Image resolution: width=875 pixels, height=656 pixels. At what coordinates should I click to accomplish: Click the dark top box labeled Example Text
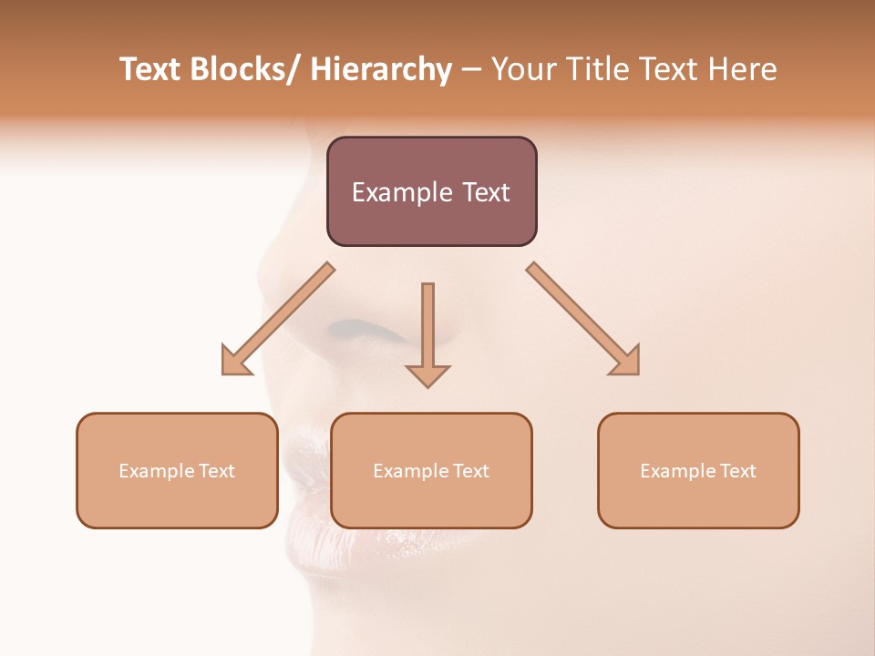(431, 191)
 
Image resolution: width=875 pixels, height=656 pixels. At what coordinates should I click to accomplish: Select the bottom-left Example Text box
(177, 470)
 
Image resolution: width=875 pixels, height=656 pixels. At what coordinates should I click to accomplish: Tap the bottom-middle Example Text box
(431, 470)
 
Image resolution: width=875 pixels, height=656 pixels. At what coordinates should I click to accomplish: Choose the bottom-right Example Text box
(698, 470)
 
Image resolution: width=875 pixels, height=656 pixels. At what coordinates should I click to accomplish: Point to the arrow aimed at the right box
(583, 319)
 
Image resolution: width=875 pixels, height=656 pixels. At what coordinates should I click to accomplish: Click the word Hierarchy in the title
(380, 69)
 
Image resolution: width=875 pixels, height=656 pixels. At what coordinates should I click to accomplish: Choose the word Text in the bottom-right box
(737, 471)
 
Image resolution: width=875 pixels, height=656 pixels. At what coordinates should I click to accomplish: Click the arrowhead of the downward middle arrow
(427, 375)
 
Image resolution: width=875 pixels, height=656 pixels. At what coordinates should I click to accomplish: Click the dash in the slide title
(471, 70)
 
